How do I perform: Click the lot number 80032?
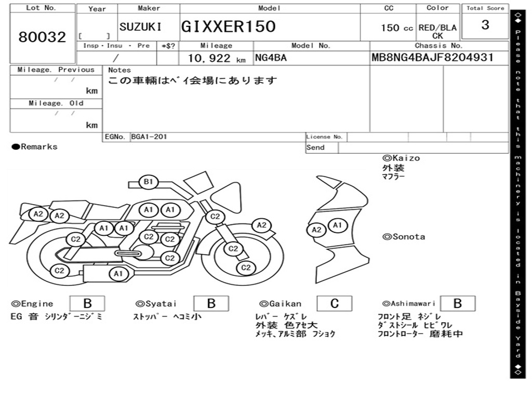[x=42, y=37]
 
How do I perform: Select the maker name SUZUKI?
[x=140, y=27]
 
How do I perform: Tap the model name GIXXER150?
[x=228, y=26]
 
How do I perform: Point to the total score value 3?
[x=485, y=25]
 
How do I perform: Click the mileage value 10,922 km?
[x=217, y=58]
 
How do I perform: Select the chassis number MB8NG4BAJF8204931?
[x=433, y=57]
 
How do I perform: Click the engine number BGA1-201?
[x=149, y=137]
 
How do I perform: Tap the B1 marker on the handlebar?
[x=148, y=181]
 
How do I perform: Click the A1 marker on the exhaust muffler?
[x=118, y=273]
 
